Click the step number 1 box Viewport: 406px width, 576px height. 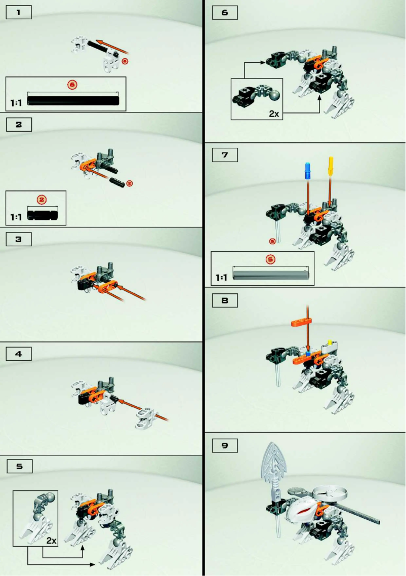click(x=19, y=13)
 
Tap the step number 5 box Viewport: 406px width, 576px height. click(x=19, y=467)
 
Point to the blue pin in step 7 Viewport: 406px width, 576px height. click(x=307, y=171)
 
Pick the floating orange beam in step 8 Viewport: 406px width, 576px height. click(x=303, y=322)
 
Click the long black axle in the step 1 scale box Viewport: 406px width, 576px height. click(x=73, y=100)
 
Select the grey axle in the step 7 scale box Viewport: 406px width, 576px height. click(x=271, y=275)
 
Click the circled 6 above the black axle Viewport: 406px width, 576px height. click(x=72, y=85)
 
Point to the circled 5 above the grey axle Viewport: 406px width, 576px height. click(x=270, y=259)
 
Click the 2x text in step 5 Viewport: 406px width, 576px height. click(x=51, y=541)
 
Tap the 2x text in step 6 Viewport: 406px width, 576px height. click(x=274, y=113)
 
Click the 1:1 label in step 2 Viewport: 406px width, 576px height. click(x=16, y=216)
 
